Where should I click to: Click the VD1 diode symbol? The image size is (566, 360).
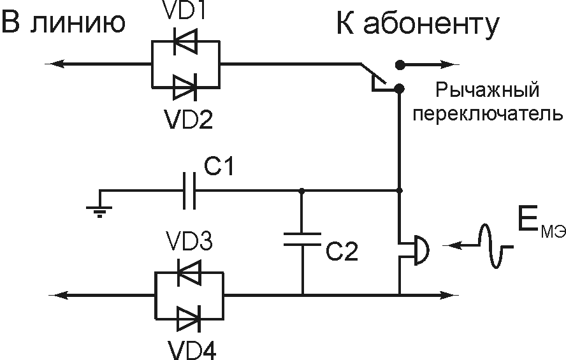(185, 42)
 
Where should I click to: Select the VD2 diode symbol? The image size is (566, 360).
(185, 85)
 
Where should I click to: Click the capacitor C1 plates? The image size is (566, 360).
(188, 190)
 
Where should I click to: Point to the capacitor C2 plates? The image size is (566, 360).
(303, 238)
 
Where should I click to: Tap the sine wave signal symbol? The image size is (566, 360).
(491, 246)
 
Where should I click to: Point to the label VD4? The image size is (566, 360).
(189, 349)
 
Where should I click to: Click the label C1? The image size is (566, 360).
(219, 168)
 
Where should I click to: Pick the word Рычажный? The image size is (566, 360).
(488, 91)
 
